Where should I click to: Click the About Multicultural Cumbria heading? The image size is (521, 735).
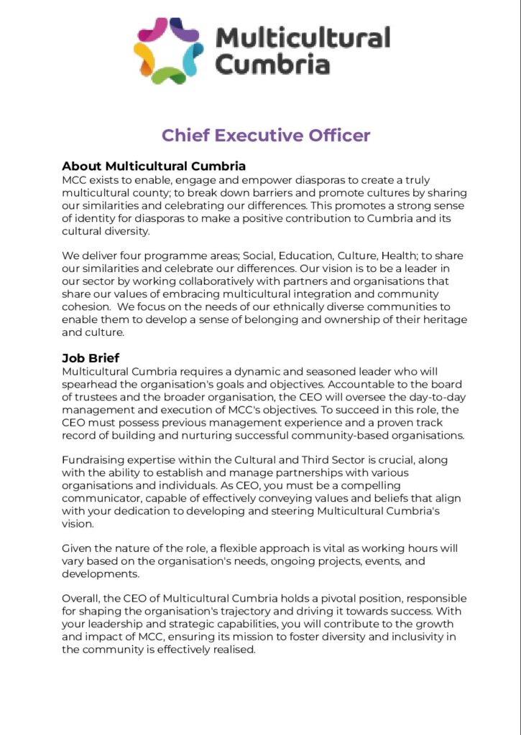[154, 167]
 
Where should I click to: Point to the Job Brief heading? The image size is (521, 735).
[91, 358]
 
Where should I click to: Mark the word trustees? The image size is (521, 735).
[98, 396]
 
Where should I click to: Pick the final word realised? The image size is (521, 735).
[231, 650]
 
